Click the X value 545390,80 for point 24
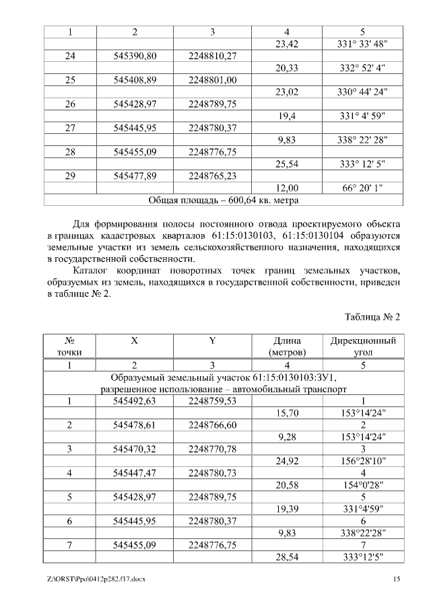click(135, 56)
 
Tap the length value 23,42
click(288, 44)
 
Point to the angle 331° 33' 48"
click(362, 44)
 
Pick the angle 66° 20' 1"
click(362, 188)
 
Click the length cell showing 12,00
click(288, 188)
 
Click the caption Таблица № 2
click(372, 316)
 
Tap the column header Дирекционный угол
click(362, 346)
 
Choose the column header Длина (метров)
click(288, 346)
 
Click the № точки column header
click(69, 346)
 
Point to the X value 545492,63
click(135, 401)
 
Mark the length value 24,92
click(288, 462)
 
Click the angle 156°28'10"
click(362, 462)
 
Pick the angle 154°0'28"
click(362, 486)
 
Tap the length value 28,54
click(288, 558)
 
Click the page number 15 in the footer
click(397, 579)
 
